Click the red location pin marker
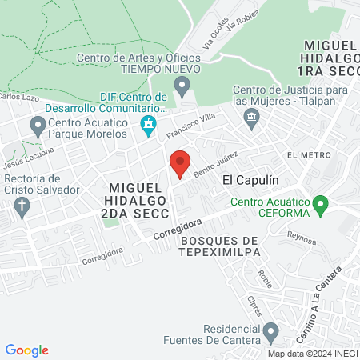[x=180, y=163]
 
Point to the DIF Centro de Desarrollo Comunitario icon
[x=147, y=124]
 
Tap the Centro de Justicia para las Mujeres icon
[x=252, y=119]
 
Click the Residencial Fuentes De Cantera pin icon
[x=271, y=330]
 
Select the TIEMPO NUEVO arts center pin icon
[x=183, y=84]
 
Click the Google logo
[x=27, y=350]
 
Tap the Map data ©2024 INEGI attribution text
[x=311, y=353]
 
